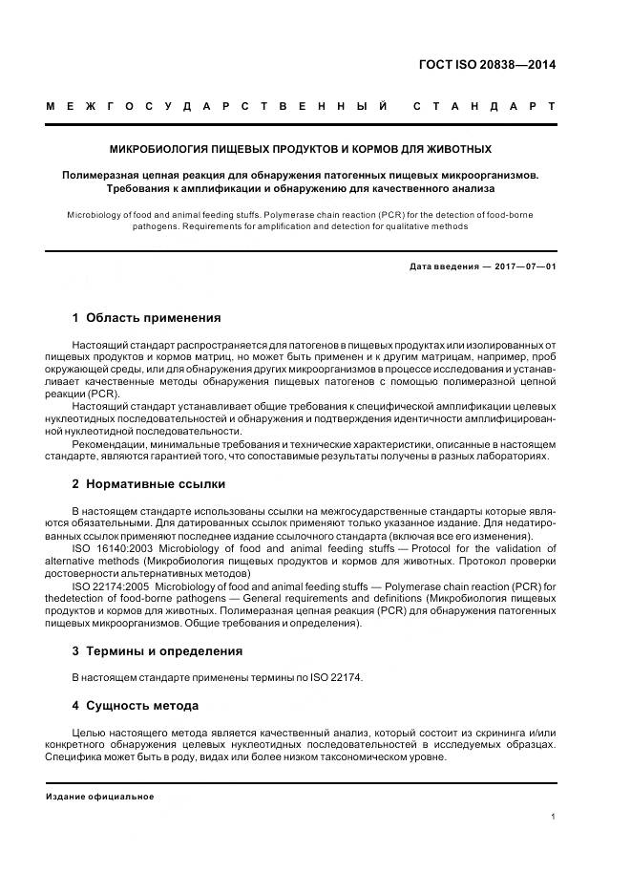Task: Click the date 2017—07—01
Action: point(522,266)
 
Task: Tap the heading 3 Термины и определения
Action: point(157,650)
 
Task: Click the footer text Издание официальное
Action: point(99,797)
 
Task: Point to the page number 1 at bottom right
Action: point(554,817)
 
